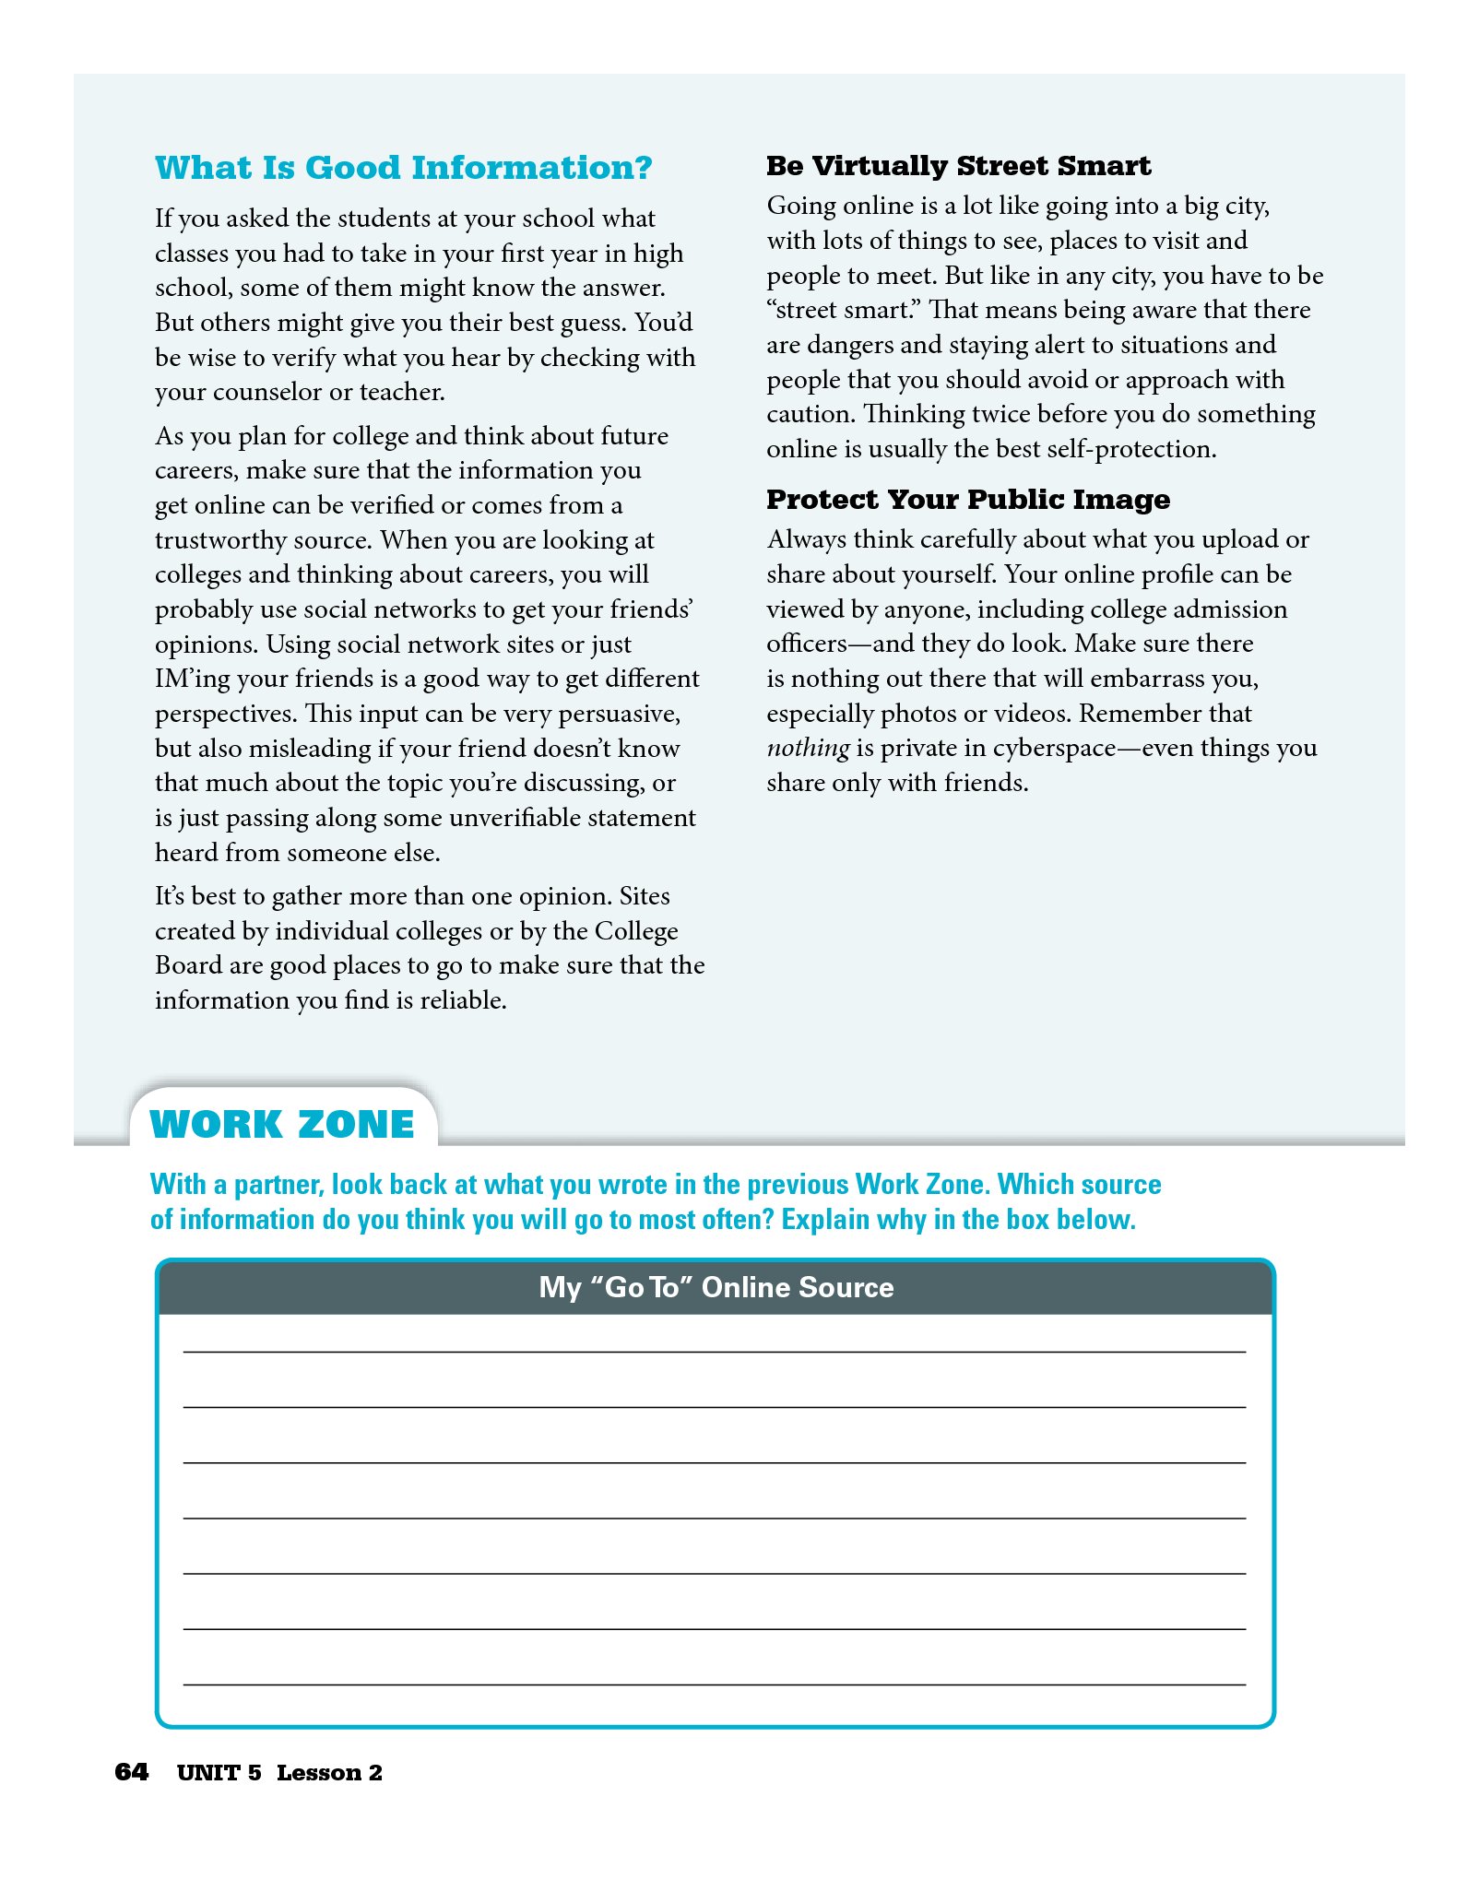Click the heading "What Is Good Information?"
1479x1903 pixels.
pyautogui.click(x=403, y=168)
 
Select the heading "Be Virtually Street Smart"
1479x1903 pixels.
pyautogui.click(x=958, y=166)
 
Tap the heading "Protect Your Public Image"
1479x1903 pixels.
pyautogui.click(x=967, y=500)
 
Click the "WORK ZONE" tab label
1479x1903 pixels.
pyautogui.click(x=282, y=1125)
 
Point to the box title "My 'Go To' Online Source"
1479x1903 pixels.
pyautogui.click(x=716, y=1287)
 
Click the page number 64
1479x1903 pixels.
pyautogui.click(x=131, y=1772)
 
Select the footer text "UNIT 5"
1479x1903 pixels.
pyautogui.click(x=219, y=1773)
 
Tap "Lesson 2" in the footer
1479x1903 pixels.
pyautogui.click(x=329, y=1773)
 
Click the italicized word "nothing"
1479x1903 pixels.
pyautogui.click(x=808, y=748)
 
